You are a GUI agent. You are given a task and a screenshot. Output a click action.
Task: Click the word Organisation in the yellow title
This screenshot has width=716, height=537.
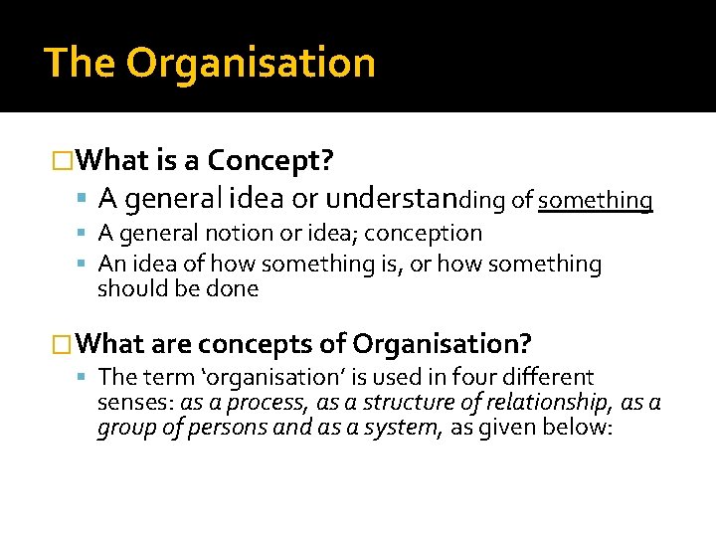[x=251, y=63]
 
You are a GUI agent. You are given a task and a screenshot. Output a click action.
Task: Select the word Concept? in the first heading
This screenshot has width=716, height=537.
[x=270, y=159]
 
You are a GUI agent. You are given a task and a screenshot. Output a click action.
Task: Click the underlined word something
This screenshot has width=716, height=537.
[x=596, y=200]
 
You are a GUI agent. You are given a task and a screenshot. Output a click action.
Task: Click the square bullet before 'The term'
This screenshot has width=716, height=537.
[x=88, y=378]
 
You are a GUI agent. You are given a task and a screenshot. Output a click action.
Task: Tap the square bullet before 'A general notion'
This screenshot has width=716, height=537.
[x=88, y=234]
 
